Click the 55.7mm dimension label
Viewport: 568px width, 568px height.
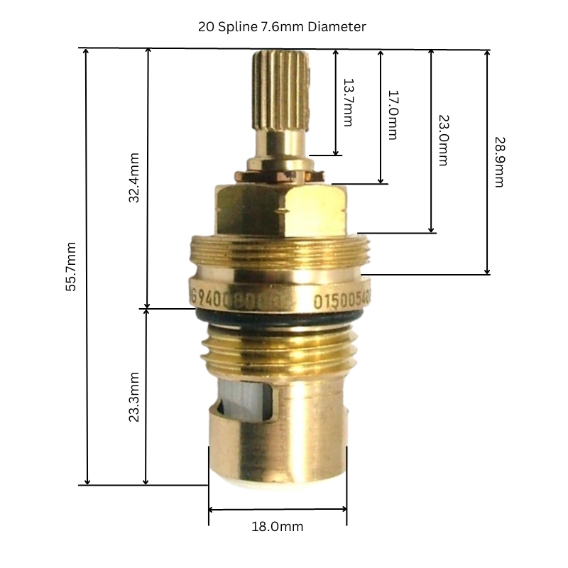[x=70, y=269]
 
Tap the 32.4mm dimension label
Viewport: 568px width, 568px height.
[x=133, y=178]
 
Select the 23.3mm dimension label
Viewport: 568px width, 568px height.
[x=133, y=397]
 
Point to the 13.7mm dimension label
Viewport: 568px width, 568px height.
[x=347, y=102]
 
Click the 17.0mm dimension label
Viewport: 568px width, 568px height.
[x=393, y=114]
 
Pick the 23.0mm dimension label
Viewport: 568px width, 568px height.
[x=442, y=140]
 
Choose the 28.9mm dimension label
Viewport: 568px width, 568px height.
[x=498, y=162]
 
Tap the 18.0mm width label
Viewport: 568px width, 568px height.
[x=277, y=527]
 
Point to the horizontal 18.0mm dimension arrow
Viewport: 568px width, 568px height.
[x=278, y=509]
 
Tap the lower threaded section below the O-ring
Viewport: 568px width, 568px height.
[x=277, y=348]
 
